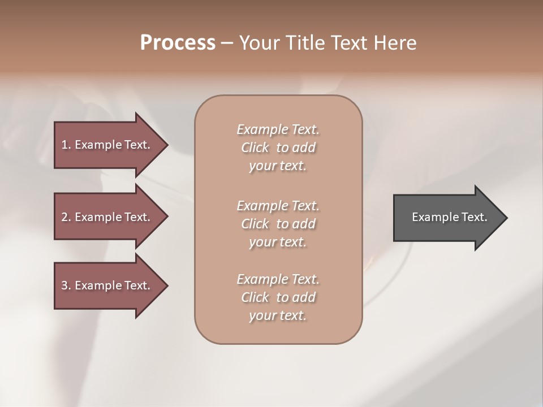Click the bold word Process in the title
pos(178,43)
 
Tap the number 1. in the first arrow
pos(66,145)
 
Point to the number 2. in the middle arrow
pos(66,217)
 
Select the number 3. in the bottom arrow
pos(66,285)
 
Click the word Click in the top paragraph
pos(255,148)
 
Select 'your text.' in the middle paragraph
pos(278,242)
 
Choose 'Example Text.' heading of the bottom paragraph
pos(278,279)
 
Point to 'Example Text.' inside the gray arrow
pos(449,217)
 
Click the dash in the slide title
pos(227,43)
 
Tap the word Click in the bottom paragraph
pos(255,297)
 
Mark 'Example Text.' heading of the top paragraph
pos(278,129)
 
